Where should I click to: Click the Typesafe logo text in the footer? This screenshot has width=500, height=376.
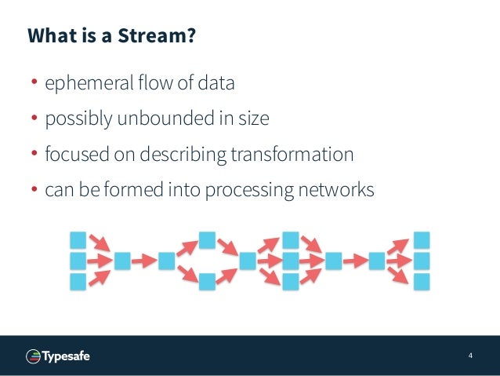[x=67, y=356]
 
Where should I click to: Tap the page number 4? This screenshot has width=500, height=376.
[x=470, y=356]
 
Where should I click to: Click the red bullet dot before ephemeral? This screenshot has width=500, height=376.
[x=34, y=83]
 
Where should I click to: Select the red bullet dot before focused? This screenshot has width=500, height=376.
[x=34, y=155]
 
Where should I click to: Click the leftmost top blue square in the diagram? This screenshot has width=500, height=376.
[x=78, y=239]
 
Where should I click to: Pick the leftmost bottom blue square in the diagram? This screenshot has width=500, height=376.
[x=78, y=281]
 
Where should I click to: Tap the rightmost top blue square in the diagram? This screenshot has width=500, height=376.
[x=422, y=239]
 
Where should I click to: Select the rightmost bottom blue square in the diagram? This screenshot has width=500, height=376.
[x=422, y=281]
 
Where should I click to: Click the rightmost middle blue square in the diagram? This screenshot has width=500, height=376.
[x=422, y=260]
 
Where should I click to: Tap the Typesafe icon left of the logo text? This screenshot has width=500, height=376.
[x=34, y=356]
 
